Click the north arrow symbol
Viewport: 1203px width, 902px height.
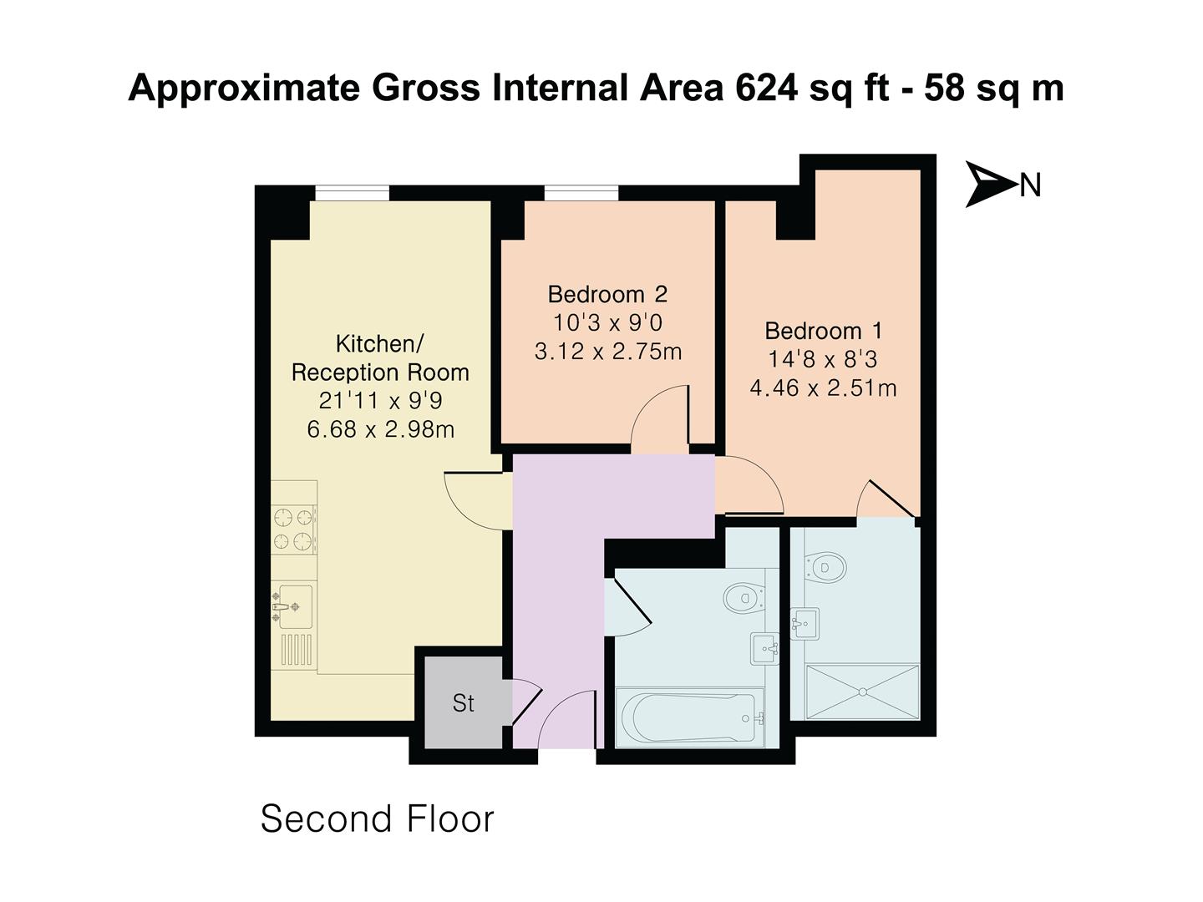point(989,184)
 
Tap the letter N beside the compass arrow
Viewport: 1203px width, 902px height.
point(1030,185)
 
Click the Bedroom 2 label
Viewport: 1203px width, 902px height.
point(607,294)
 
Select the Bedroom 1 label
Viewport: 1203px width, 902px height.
point(823,331)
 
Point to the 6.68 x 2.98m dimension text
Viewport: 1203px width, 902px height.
point(381,430)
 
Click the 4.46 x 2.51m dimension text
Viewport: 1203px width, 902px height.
point(823,388)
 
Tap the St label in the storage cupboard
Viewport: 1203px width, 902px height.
point(463,703)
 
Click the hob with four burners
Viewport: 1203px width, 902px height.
point(294,530)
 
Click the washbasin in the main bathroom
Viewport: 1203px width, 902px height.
point(765,648)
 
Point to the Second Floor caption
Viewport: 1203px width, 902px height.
point(378,818)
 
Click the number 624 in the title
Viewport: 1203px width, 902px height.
point(766,88)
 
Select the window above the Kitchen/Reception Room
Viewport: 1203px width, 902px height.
point(352,193)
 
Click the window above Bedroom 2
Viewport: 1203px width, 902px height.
point(581,193)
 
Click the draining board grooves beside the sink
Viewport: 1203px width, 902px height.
point(297,650)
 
